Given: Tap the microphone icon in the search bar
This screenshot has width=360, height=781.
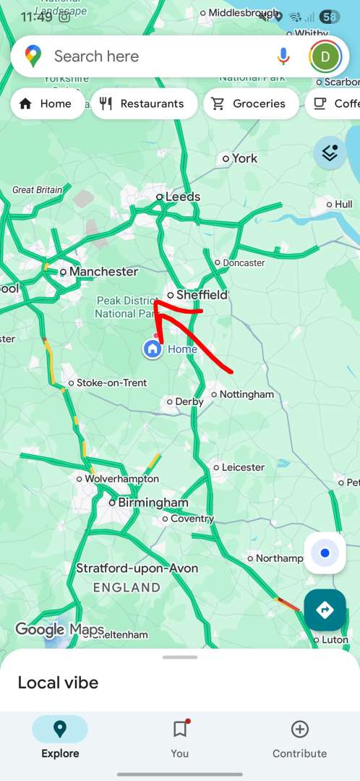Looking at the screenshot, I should point(283,56).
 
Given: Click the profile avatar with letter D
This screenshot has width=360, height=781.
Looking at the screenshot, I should point(325,56).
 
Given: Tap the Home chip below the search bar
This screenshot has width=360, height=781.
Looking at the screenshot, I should point(46,103).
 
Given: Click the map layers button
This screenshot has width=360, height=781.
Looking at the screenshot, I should point(330,153).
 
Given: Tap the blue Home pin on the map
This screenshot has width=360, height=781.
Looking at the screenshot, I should point(153,349).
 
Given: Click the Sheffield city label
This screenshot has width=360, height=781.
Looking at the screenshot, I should point(202,294).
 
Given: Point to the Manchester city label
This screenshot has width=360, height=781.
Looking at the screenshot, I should point(103,271).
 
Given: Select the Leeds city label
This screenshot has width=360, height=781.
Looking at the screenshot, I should point(182,196).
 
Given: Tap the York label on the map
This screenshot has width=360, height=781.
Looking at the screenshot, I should point(244,158).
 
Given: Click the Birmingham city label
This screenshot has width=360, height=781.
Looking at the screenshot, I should point(153,502).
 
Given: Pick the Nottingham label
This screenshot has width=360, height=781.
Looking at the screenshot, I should point(247,394).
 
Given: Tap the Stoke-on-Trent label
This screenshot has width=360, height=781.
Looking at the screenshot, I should point(111,383).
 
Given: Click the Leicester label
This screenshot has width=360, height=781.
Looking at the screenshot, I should point(243,467).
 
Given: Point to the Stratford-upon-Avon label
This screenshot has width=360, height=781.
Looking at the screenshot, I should point(137,568).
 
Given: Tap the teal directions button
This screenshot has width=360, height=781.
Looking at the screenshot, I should point(325,610).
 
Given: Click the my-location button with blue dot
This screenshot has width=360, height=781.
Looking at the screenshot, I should point(325,553).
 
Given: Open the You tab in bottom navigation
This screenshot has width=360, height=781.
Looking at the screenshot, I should point(180,738).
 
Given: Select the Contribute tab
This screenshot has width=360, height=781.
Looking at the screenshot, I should point(299,738).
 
